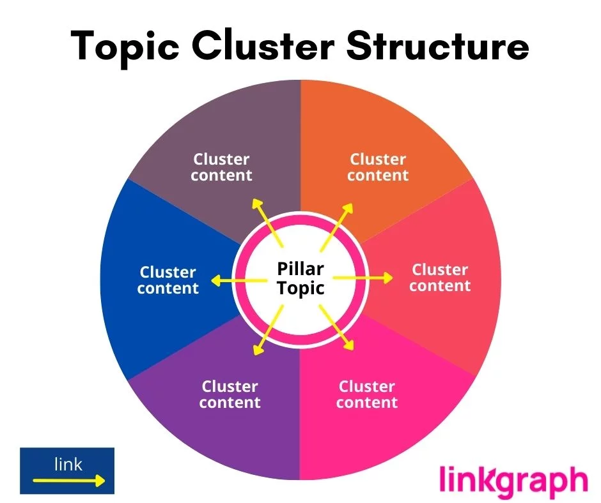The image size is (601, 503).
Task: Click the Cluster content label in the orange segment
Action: tap(378, 167)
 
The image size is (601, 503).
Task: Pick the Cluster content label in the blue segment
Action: tap(168, 280)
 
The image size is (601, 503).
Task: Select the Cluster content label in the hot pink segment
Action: tap(367, 394)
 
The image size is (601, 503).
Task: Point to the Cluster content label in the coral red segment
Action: tap(440, 278)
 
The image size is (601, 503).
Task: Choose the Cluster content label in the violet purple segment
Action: tap(230, 394)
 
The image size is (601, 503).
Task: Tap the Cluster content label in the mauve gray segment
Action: tap(222, 167)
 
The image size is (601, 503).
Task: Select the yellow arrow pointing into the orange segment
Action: tap(336, 223)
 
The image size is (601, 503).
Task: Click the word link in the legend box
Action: tap(68, 464)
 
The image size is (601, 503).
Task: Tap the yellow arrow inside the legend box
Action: tap(68, 481)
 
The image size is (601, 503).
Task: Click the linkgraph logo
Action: tap(513, 481)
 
